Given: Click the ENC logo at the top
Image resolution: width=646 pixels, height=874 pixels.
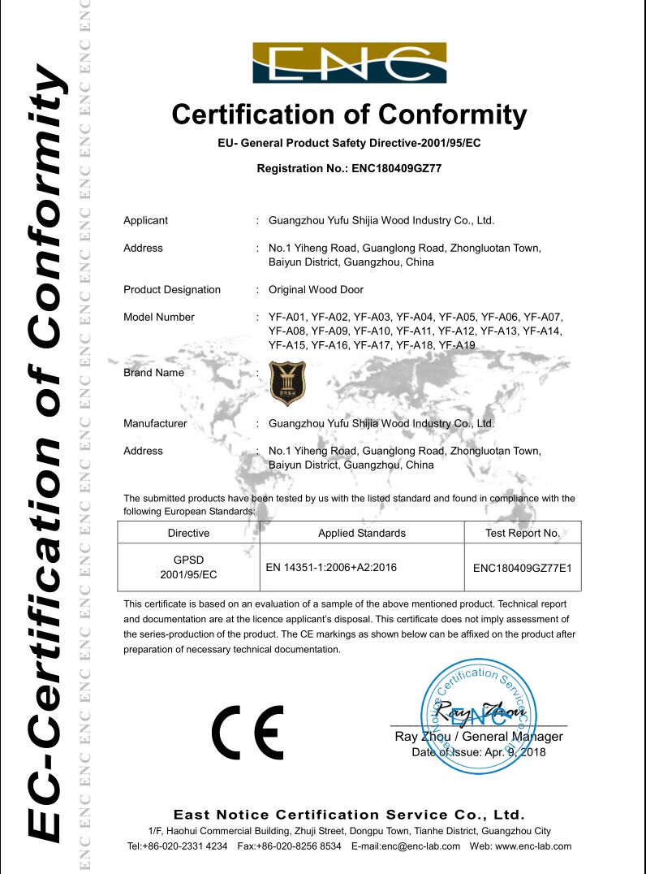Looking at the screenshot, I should [x=349, y=63].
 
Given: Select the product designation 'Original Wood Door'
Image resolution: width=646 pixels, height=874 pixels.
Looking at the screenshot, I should [x=316, y=290].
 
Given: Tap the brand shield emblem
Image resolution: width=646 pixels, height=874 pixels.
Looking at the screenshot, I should [x=287, y=383].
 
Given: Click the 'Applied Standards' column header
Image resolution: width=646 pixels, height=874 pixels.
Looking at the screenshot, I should [x=361, y=534].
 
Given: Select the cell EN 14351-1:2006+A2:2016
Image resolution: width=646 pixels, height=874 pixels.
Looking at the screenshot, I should [x=331, y=567].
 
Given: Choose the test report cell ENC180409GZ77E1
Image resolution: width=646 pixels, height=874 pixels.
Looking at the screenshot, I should [x=523, y=568].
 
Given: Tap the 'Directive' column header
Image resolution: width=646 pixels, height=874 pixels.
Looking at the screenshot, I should [x=188, y=534].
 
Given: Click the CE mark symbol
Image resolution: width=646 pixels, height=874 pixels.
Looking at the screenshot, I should [x=248, y=731].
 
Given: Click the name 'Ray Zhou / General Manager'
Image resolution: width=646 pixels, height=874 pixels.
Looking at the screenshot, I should [x=478, y=737].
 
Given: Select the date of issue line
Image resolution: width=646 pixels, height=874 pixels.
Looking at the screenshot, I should [x=479, y=752].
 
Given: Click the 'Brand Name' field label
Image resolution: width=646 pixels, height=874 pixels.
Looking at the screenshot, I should [x=153, y=373].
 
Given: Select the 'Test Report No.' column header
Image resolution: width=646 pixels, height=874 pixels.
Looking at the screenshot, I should [x=523, y=534].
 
